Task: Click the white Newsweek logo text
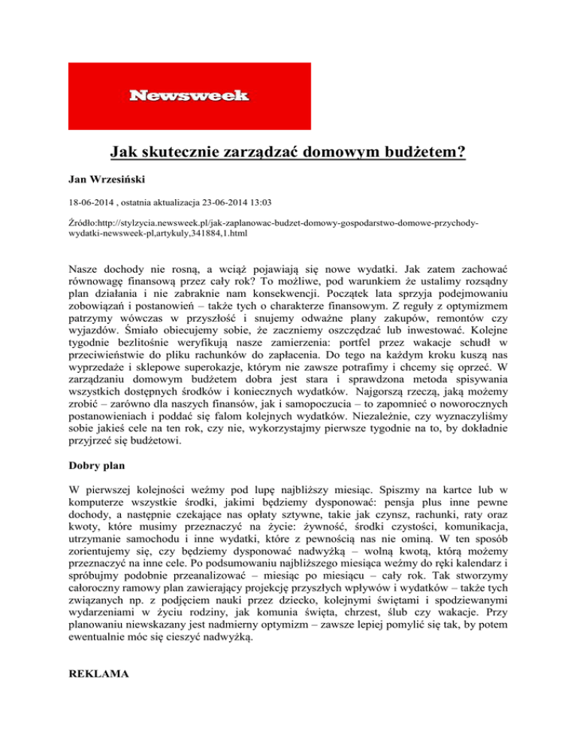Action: tap(189, 95)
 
